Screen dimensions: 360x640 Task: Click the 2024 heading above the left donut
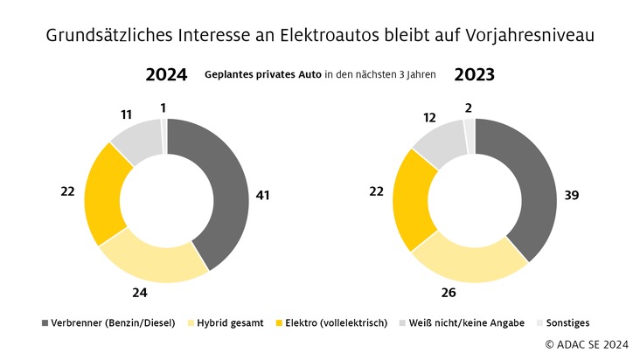[166, 75]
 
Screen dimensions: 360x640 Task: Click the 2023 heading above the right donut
[474, 75]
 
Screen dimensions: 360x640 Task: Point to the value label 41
[261, 196]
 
